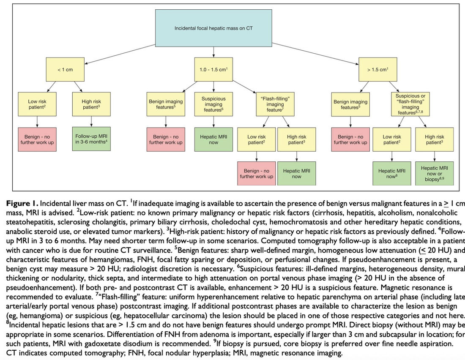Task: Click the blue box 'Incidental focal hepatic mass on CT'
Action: (x=213, y=28)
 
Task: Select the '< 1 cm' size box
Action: (x=65, y=69)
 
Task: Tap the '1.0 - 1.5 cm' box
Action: (x=213, y=69)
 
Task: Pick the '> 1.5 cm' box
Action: (x=378, y=69)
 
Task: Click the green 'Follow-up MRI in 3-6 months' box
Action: (x=91, y=139)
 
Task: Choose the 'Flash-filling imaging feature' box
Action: (x=275, y=104)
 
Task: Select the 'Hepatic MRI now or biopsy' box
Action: (x=435, y=174)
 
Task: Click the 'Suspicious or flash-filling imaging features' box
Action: (x=410, y=104)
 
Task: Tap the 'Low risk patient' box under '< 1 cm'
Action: (x=37, y=104)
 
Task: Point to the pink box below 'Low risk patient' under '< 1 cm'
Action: (x=37, y=139)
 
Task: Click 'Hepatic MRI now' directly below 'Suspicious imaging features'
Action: (x=213, y=139)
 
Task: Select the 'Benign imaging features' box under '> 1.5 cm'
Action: (x=350, y=104)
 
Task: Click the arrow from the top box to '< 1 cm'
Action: (x=120, y=54)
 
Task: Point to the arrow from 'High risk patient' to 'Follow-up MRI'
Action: (x=91, y=122)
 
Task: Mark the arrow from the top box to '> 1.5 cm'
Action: (x=315, y=54)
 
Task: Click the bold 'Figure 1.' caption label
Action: (x=22, y=203)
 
